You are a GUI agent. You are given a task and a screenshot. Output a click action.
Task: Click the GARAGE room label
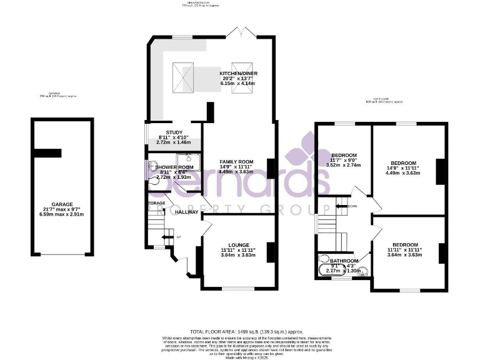click(x=63, y=204)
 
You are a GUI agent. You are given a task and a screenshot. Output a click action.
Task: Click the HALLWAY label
click(x=187, y=212)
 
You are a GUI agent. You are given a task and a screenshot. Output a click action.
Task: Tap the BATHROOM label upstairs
click(x=344, y=261)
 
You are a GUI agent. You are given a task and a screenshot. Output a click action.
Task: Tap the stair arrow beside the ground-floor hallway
click(x=166, y=236)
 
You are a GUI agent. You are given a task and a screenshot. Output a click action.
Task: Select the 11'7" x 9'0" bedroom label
click(x=344, y=155)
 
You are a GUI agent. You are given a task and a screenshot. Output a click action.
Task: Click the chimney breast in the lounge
click(x=271, y=252)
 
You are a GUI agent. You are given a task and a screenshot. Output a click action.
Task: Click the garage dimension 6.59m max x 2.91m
click(x=63, y=215)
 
